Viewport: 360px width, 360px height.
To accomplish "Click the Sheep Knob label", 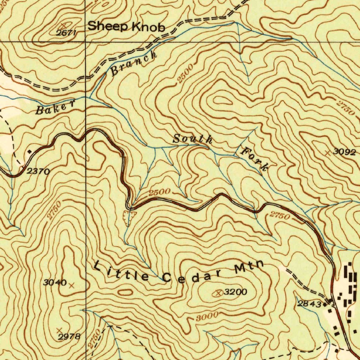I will (x=126, y=27).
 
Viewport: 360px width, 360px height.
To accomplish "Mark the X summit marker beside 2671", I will (x=64, y=26).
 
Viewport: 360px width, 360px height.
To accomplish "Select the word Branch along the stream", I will (x=134, y=64).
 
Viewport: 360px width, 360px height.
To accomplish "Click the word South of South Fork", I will (x=193, y=139).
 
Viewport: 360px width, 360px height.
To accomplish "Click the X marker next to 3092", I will (x=327, y=153).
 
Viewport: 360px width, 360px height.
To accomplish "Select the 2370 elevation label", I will (x=38, y=172).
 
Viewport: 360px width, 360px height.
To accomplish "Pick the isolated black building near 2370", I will (x=30, y=152).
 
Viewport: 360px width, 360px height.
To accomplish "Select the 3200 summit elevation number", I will (x=236, y=292).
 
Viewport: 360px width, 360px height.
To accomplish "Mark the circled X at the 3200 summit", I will (x=219, y=293).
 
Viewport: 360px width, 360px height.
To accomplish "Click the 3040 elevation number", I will (x=55, y=282).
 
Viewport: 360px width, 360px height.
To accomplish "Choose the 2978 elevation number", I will (x=69, y=336).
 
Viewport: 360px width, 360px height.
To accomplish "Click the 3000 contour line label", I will (x=207, y=316).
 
